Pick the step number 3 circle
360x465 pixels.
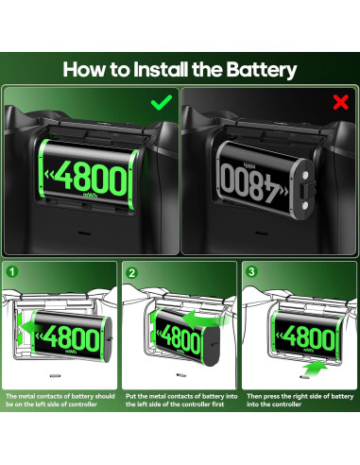coord(250,271)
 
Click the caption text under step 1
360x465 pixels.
coord(59,400)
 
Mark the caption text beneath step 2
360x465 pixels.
coord(180,400)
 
